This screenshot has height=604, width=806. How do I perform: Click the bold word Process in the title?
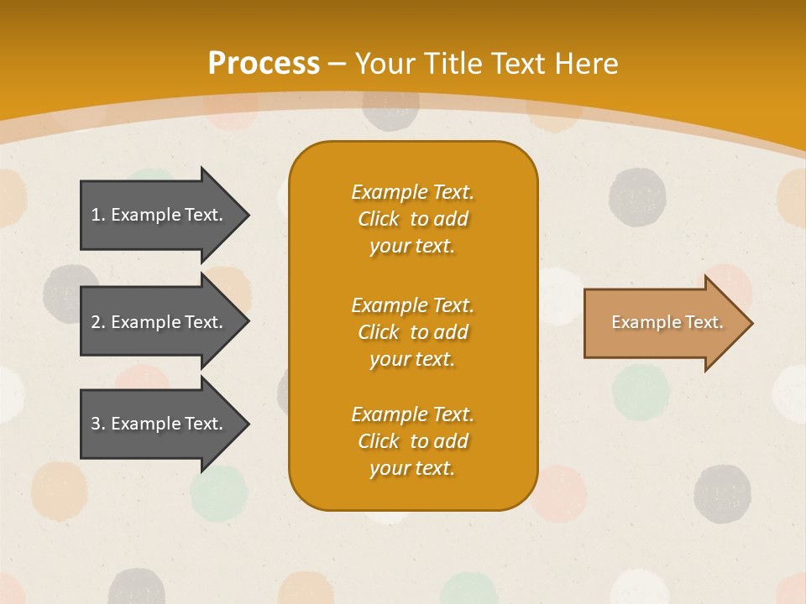tap(264, 64)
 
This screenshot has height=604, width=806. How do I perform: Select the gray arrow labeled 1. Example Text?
tap(160, 215)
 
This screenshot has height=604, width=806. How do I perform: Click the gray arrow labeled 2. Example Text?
tap(160, 322)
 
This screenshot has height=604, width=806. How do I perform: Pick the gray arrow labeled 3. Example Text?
tap(160, 424)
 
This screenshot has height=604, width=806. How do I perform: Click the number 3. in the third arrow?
tap(98, 424)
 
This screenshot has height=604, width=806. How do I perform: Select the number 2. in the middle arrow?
tap(98, 322)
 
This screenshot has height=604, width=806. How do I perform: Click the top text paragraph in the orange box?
tap(412, 219)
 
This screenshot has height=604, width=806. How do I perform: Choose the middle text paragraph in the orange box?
tap(412, 332)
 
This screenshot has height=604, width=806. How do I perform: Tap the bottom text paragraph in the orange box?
tap(412, 441)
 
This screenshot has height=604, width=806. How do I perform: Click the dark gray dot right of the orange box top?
tap(637, 197)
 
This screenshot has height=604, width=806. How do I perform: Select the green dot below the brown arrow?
tap(641, 391)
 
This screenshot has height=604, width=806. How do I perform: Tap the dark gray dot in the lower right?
tap(722, 493)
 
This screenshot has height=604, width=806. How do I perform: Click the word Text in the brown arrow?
tap(704, 322)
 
